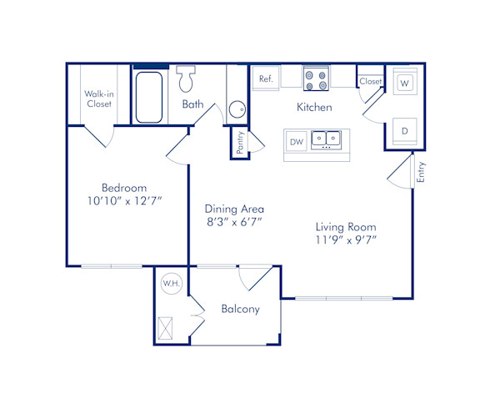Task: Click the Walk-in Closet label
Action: (98, 98)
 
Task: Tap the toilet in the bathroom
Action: (185, 81)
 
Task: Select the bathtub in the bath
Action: (149, 98)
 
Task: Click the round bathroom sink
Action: (237, 109)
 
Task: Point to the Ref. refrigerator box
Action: (266, 78)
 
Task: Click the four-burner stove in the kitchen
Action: (315, 78)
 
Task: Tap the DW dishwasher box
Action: (296, 142)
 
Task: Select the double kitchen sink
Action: (326, 139)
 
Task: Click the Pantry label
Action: (240, 143)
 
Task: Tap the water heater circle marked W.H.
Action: (171, 284)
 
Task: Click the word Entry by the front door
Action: (421, 172)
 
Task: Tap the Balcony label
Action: (240, 309)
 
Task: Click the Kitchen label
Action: (314, 107)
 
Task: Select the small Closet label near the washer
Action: (371, 81)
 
